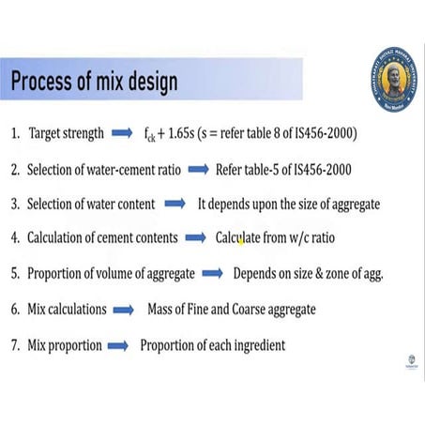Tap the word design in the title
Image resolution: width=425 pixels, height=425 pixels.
pyautogui.click(x=146, y=83)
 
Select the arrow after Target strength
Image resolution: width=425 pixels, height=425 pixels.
pyautogui.click(x=123, y=134)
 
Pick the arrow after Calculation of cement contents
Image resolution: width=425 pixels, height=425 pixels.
pyautogui.click(x=193, y=238)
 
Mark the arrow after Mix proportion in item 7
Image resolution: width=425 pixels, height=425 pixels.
pyautogui.click(x=117, y=345)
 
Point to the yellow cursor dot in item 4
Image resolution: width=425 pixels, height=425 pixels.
pyautogui.click(x=241, y=240)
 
